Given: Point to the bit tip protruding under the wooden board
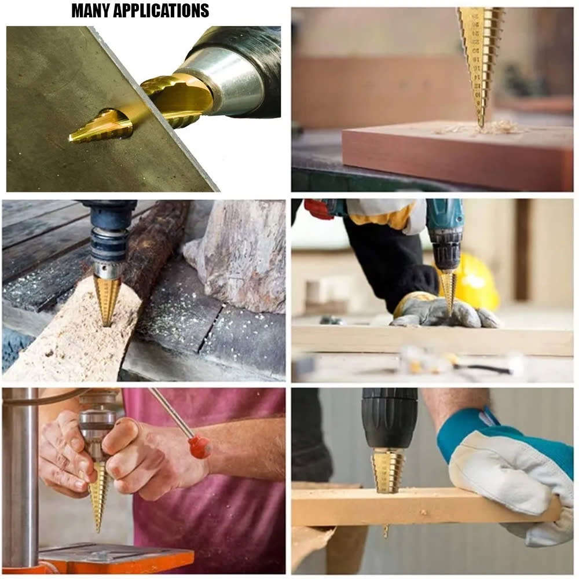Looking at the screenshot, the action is point(386,532).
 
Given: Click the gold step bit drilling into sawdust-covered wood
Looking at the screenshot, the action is point(106,301).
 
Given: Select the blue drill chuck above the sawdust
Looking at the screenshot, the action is point(109,240).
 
